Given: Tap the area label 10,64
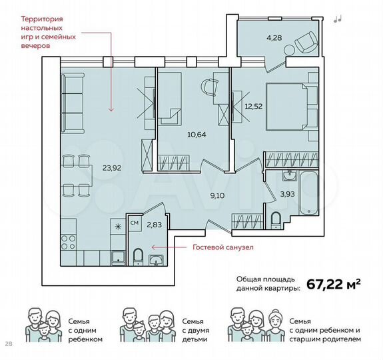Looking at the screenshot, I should point(196,133).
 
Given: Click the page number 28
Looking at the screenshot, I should point(9,345).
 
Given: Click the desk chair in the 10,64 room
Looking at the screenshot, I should point(210,87).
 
